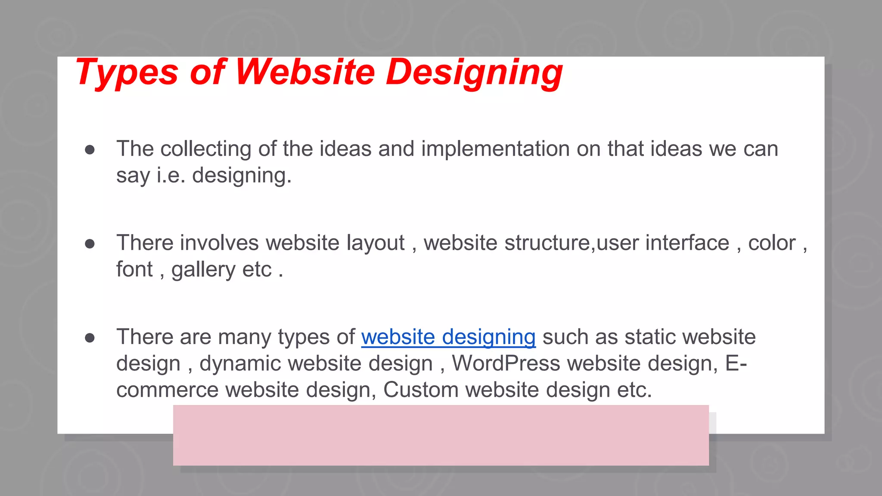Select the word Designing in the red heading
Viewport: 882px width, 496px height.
click(x=474, y=72)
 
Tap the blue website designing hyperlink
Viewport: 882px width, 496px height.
click(x=448, y=337)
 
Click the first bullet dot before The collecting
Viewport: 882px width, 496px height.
click(x=90, y=149)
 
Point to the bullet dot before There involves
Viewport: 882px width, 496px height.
click(x=90, y=244)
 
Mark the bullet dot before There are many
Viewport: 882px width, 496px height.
click(x=90, y=338)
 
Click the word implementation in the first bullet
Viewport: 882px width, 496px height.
click(x=496, y=149)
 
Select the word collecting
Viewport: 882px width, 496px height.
click(x=206, y=149)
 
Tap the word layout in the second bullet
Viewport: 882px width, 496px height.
click(x=376, y=243)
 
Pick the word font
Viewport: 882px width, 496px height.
click(x=134, y=270)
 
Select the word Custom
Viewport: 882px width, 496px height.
click(x=421, y=390)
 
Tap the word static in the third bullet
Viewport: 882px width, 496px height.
click(x=649, y=337)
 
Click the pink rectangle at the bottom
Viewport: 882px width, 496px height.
click(x=441, y=435)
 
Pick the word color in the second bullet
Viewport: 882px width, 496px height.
click(x=772, y=243)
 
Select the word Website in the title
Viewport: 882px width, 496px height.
click(x=305, y=72)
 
